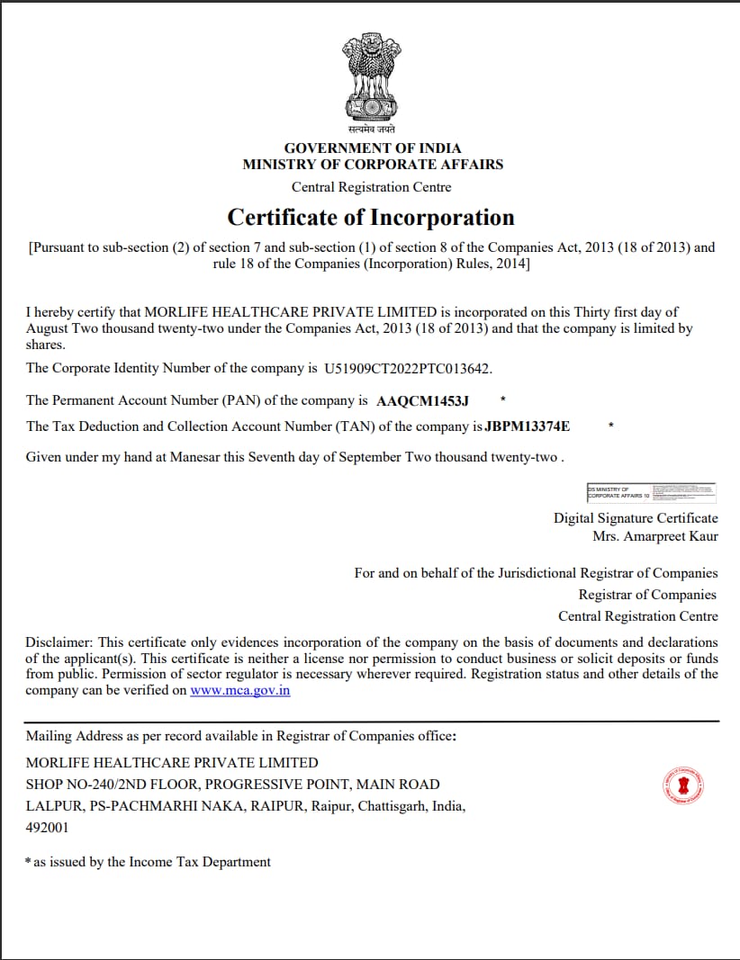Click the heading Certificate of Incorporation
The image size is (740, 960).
click(371, 218)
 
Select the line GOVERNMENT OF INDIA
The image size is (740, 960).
click(373, 148)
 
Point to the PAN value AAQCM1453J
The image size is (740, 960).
click(422, 399)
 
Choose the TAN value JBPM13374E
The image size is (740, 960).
click(528, 426)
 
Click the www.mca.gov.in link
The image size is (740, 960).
click(240, 691)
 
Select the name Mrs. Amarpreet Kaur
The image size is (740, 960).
click(655, 536)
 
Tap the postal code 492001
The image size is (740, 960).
click(47, 827)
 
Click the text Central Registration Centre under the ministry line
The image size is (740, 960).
click(371, 187)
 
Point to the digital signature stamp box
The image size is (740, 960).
click(651, 491)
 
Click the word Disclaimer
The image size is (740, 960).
click(58, 642)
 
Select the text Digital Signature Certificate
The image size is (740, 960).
click(636, 518)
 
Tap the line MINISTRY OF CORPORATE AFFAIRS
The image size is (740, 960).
click(373, 165)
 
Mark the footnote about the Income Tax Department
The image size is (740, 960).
click(149, 862)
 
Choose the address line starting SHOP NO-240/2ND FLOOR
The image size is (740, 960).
click(232, 785)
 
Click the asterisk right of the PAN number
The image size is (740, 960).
click(502, 399)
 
